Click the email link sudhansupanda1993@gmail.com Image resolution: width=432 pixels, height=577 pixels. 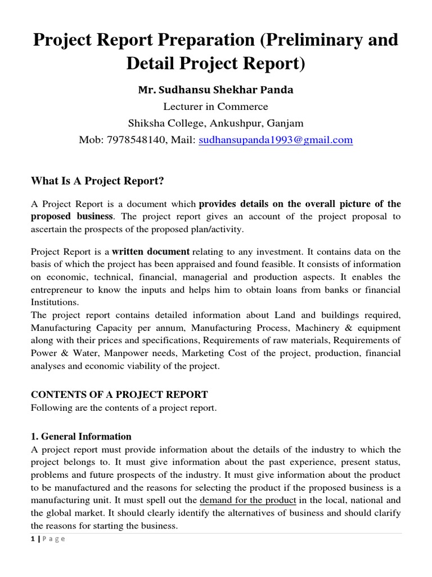[276, 140]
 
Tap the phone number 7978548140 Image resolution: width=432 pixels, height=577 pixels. [136, 140]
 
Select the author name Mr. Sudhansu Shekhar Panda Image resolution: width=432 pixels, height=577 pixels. [216, 90]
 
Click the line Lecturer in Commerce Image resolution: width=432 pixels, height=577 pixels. [215, 106]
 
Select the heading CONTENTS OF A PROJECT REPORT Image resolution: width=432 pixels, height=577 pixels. [119, 394]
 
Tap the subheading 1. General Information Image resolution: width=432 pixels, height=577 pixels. [81, 436]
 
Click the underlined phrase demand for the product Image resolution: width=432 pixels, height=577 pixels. [248, 499]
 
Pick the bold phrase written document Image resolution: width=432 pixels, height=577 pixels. [151, 251]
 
